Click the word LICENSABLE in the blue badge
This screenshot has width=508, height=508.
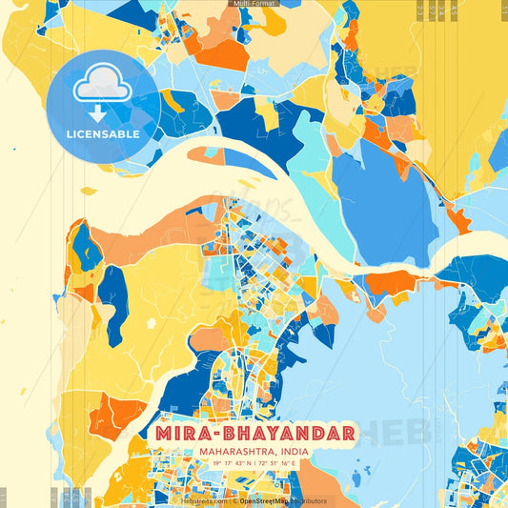[103, 134]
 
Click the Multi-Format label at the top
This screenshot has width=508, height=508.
[254, 5]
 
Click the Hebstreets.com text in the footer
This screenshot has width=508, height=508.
[204, 500]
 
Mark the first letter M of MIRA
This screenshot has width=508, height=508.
[159, 435]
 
